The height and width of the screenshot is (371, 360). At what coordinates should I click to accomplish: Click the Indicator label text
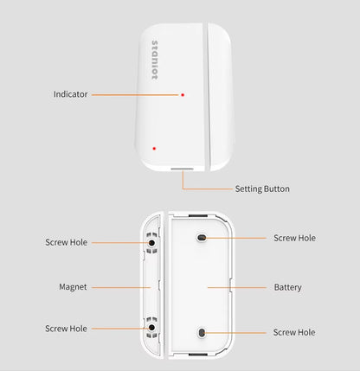70,94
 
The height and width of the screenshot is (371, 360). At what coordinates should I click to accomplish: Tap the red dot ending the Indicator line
183,95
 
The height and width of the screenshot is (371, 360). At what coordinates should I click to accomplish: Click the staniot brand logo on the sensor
155,60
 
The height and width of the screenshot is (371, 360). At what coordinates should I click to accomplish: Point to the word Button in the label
277,189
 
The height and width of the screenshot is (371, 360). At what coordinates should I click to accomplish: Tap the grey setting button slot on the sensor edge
182,169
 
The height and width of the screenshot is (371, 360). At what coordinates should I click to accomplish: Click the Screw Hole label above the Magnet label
66,242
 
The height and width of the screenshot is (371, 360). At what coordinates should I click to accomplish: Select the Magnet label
73,287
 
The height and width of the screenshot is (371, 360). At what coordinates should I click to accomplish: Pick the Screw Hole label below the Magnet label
66,329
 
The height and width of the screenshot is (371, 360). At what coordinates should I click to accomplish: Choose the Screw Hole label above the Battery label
294,238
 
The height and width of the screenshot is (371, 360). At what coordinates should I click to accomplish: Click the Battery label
287,287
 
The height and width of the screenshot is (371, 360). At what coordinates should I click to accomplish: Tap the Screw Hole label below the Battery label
294,332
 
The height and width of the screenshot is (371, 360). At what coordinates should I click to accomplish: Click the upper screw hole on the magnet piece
151,243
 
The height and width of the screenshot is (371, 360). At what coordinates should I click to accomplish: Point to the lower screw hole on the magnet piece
151,328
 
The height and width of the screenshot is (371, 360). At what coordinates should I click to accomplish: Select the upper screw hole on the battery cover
202,238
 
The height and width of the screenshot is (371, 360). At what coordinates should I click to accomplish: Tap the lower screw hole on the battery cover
202,333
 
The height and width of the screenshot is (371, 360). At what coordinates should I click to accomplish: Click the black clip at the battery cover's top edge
198,215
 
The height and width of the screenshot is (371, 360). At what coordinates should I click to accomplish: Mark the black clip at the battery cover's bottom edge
198,354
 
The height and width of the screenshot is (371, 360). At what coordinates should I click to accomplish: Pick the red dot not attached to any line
154,149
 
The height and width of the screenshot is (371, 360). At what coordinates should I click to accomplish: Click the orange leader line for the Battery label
237,287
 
